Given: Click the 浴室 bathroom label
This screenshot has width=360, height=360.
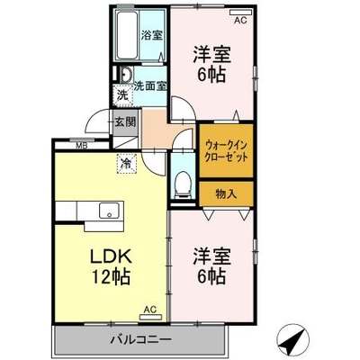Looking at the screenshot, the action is pos(152,36).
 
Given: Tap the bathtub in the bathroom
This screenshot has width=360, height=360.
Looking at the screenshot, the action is pos(127,36).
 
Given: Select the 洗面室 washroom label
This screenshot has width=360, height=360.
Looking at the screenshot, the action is pos(149,86).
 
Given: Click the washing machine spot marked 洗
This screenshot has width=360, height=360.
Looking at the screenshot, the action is pos(122,95).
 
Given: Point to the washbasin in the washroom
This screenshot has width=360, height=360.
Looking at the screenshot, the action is pos(126,75).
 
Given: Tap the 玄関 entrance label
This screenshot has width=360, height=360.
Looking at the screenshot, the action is pos(125,121).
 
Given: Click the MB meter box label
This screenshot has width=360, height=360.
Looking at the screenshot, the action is pos(82,146).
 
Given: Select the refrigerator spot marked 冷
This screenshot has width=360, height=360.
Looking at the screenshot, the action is pos(126,164).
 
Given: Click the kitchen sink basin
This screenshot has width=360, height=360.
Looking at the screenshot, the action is pos(109,210).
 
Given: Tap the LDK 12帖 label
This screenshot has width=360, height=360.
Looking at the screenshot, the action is pos(111,266).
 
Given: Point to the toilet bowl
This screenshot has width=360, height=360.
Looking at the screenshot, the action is pos(183,184).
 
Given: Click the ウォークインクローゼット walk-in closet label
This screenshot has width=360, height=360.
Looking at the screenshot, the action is pos(227,151).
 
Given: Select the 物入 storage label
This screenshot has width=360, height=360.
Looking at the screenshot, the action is pos(226,194).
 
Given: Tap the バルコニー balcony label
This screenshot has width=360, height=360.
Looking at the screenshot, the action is pos(140,340).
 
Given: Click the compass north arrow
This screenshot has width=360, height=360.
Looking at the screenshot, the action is pos(292,339).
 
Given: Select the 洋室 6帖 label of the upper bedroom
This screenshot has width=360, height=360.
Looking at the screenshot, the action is pos(211,64).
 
